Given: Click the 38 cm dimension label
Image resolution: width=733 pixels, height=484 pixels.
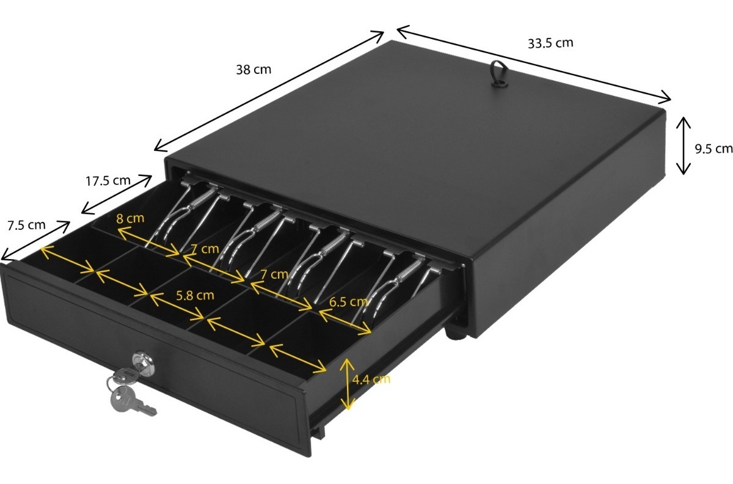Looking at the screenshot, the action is coord(253,70).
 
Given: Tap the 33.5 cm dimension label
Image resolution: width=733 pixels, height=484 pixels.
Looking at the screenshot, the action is coord(550,43).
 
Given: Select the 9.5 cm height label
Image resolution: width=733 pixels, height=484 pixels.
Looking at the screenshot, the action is coord(713,149).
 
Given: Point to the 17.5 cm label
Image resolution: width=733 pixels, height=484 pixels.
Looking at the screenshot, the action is coord(108,180).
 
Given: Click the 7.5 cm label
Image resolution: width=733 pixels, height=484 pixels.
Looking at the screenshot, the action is coord(26,226).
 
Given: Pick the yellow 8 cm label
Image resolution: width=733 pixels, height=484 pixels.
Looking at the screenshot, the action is coord(130,218).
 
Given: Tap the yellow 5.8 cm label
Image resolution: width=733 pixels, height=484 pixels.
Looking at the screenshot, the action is coord(195,296).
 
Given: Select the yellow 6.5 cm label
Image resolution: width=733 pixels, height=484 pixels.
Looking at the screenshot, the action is coord(349,302).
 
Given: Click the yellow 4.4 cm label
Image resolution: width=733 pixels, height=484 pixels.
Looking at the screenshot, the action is coord(371,380).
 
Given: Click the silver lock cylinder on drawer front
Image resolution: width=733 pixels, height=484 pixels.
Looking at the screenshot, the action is coord(143,363).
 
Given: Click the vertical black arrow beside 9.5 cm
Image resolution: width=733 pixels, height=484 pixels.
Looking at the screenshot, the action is coord(684,145).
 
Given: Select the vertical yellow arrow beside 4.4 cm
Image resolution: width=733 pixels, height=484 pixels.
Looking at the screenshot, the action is coord(347,384).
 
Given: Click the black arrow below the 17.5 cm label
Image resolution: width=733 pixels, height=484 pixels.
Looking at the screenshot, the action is coord(117,195).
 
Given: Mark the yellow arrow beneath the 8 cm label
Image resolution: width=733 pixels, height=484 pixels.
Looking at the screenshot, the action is coord(148,241).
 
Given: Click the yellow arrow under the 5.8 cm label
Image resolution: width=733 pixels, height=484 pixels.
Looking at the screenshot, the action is coord(177,306).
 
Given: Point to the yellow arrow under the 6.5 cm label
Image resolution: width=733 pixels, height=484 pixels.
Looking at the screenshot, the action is coord(345,321).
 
